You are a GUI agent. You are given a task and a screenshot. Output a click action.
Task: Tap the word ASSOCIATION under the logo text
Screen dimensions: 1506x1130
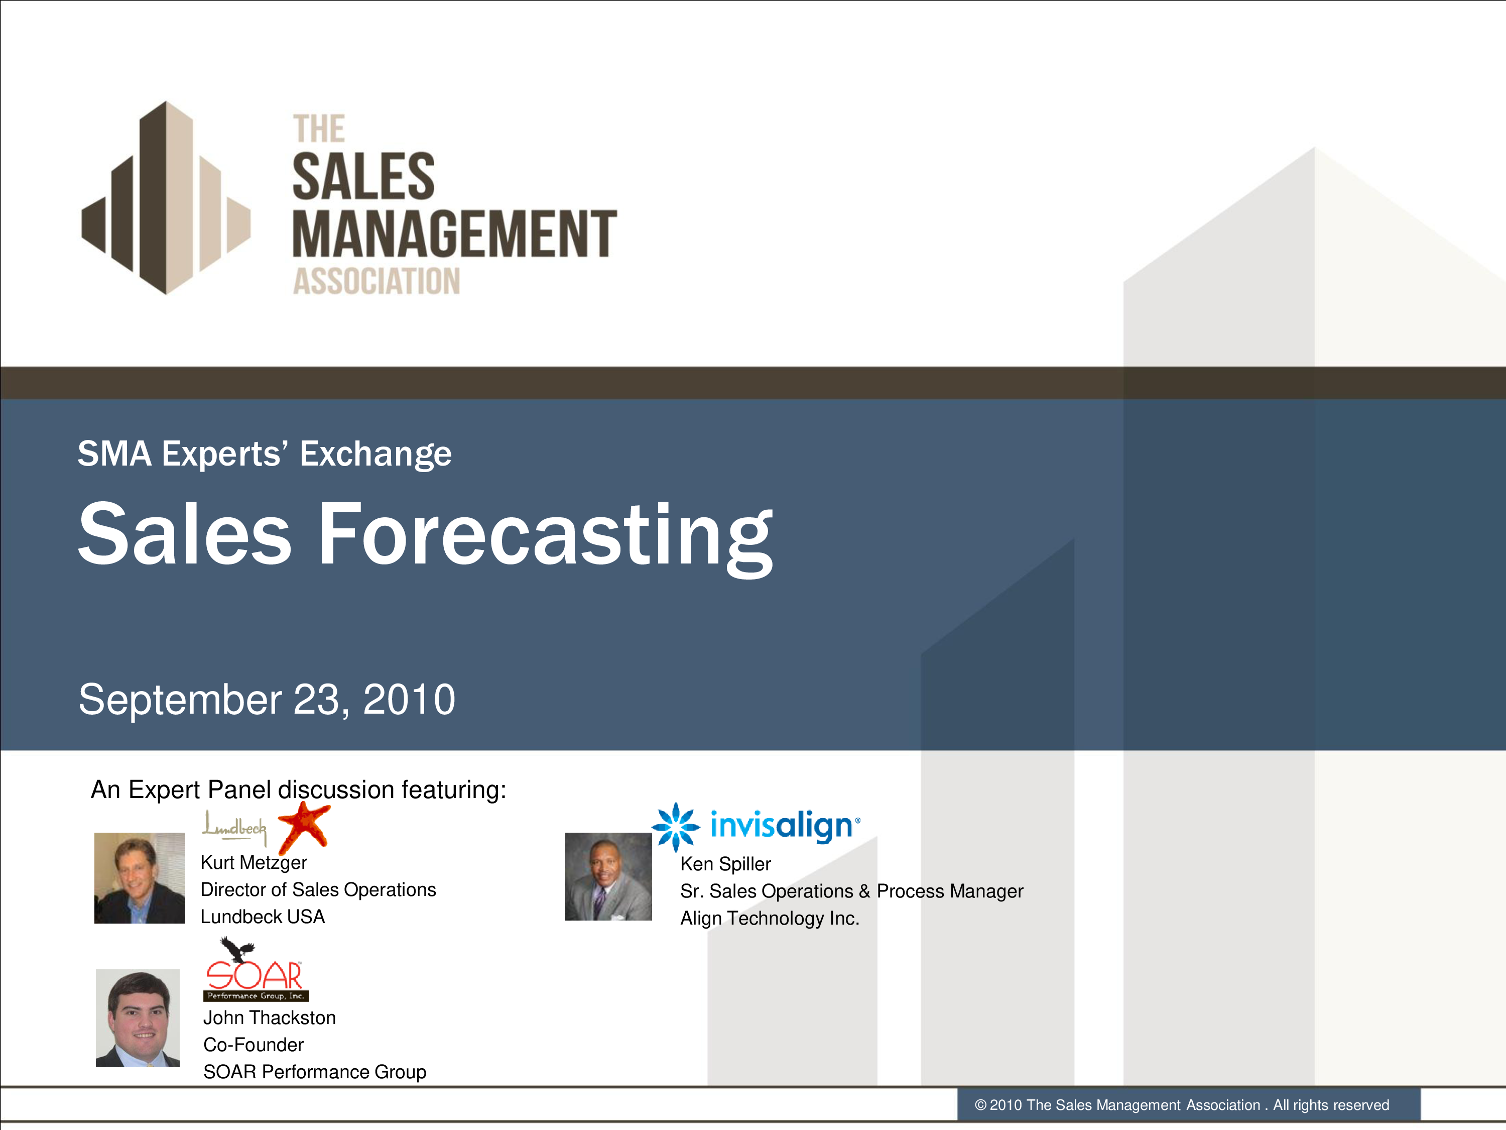click(376, 281)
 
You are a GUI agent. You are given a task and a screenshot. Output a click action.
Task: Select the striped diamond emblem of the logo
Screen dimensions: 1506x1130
click(166, 197)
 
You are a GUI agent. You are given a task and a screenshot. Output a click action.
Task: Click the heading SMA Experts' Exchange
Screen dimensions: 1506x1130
click(264, 454)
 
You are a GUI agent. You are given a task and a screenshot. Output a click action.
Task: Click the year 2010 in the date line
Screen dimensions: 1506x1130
click(409, 700)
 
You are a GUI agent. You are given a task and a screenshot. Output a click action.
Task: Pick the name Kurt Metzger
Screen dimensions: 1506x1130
click(254, 863)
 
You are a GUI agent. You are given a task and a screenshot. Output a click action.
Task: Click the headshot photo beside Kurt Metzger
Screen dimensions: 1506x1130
click(140, 878)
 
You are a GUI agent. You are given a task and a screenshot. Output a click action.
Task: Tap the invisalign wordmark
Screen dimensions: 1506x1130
click(785, 826)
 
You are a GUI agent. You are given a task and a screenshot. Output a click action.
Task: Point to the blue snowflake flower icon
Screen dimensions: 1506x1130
click(675, 827)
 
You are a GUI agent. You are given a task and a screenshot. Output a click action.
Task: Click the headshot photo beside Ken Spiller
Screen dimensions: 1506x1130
click(608, 876)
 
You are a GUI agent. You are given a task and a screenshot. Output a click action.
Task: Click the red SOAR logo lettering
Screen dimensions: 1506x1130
click(255, 975)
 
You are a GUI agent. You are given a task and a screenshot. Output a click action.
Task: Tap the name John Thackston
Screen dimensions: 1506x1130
click(270, 1018)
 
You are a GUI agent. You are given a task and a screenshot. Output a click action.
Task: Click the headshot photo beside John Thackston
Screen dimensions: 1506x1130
click(138, 1018)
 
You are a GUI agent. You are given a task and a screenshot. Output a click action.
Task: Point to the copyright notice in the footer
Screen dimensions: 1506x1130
click(1182, 1105)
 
